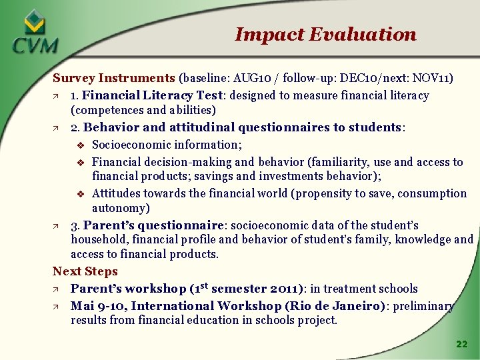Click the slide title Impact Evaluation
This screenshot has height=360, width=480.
[325, 34]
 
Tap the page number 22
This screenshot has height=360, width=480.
[461, 344]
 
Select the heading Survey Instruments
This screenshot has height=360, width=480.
[113, 79]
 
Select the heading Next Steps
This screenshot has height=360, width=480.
[85, 271]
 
